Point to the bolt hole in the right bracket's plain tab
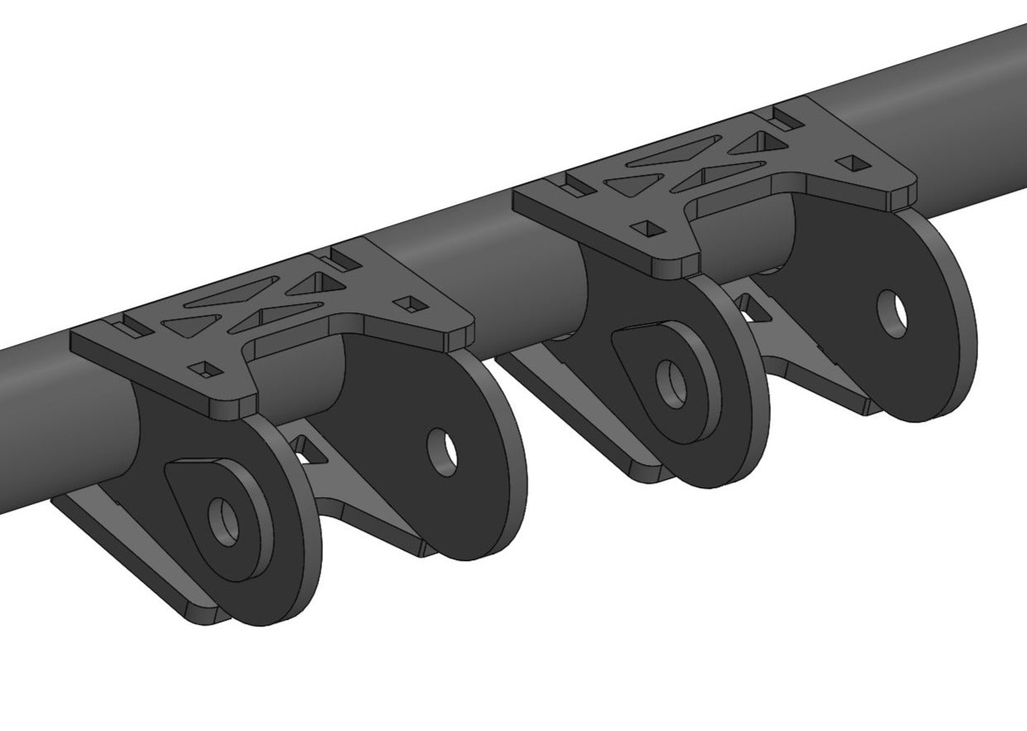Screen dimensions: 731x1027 tap(891, 313)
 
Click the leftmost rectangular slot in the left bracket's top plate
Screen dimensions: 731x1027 tap(132, 327)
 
